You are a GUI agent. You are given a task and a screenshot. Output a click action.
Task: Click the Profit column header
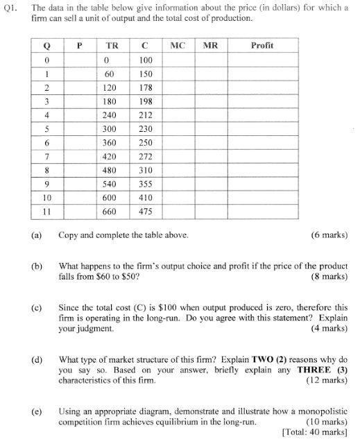[261, 46]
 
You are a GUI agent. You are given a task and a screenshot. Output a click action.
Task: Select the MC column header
[177, 46]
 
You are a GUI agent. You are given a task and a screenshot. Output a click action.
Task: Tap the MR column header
[211, 46]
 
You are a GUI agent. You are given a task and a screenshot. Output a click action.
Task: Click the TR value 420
[109, 157]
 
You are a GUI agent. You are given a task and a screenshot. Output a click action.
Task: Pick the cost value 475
[146, 211]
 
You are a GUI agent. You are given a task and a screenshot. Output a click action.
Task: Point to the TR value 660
[109, 211]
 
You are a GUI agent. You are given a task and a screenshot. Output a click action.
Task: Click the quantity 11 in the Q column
[47, 211]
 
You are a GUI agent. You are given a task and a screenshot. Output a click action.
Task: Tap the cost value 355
[146, 184]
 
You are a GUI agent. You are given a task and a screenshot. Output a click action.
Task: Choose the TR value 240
[109, 116]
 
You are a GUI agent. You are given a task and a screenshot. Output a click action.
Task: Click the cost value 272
[146, 157]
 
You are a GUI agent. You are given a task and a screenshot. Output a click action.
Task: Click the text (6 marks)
[329, 235]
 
